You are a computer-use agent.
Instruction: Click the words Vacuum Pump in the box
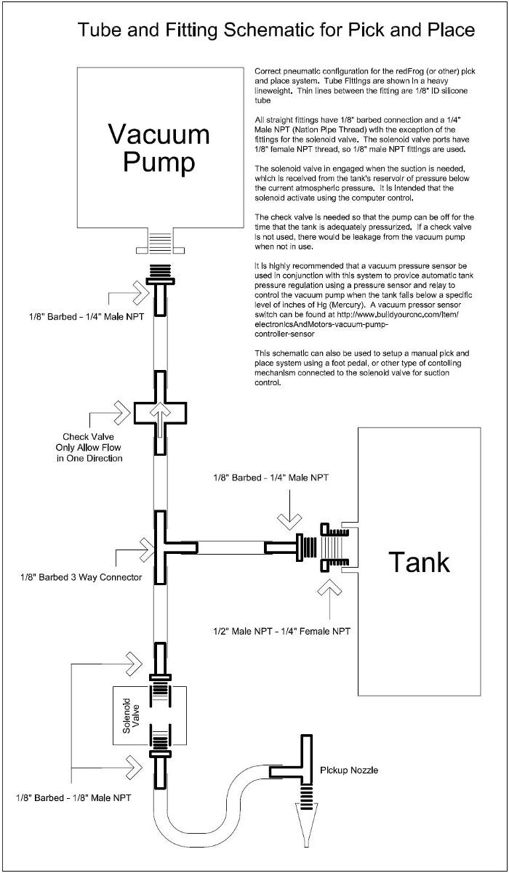click(159, 148)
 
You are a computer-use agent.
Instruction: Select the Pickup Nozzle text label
click(348, 770)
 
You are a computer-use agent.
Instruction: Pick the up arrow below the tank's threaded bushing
click(333, 591)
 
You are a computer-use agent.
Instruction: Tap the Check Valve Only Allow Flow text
click(92, 447)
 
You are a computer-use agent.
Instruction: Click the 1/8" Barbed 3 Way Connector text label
click(80, 577)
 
